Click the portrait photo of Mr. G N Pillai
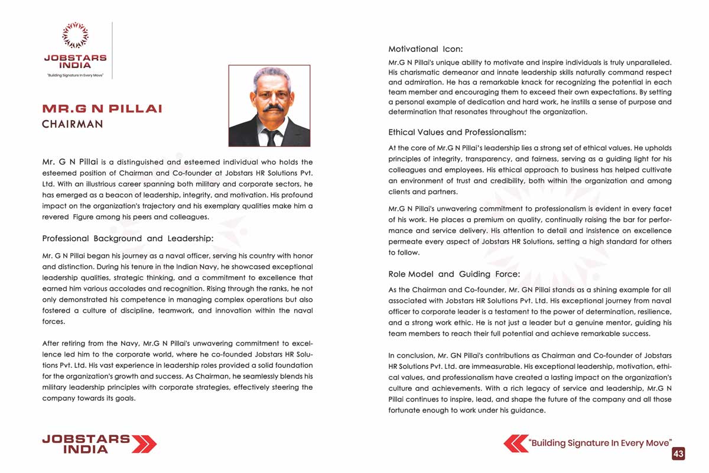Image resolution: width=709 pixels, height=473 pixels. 269,106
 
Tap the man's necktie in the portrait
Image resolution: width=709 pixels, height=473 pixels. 271,137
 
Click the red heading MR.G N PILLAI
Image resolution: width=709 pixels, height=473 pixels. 102,109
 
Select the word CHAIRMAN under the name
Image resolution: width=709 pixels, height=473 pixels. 72,124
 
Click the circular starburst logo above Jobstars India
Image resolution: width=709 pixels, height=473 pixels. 75,35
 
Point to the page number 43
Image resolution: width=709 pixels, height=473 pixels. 678,453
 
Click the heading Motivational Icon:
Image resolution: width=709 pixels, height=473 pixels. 425,49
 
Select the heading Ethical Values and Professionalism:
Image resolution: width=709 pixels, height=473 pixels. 457,132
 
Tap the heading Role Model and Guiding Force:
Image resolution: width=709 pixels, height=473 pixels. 454,274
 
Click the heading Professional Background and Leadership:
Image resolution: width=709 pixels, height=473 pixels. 128,238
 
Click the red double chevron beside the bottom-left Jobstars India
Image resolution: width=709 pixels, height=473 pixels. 144,443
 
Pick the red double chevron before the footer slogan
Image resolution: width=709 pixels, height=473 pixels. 516,443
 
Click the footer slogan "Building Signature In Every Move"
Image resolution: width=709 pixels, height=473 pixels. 600,443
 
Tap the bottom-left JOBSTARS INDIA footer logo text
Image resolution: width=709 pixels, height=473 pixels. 86,443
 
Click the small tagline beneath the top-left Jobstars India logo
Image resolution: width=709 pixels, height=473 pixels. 75,76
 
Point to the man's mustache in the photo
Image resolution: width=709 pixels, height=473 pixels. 272,109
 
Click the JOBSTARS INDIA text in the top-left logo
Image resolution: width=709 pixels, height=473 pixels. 75,61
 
